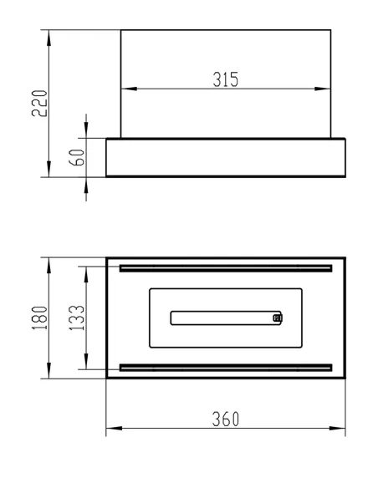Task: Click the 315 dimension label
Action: click(x=226, y=79)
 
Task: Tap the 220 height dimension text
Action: click(x=39, y=104)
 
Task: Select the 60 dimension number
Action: click(x=77, y=157)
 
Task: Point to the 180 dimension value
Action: click(x=39, y=318)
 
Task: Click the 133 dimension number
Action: click(x=77, y=318)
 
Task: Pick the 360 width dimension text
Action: click(x=226, y=419)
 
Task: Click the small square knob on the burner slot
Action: click(x=277, y=318)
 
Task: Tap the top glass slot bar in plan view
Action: click(x=226, y=268)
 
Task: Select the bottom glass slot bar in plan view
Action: click(x=226, y=368)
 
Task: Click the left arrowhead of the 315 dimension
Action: click(x=129, y=89)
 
